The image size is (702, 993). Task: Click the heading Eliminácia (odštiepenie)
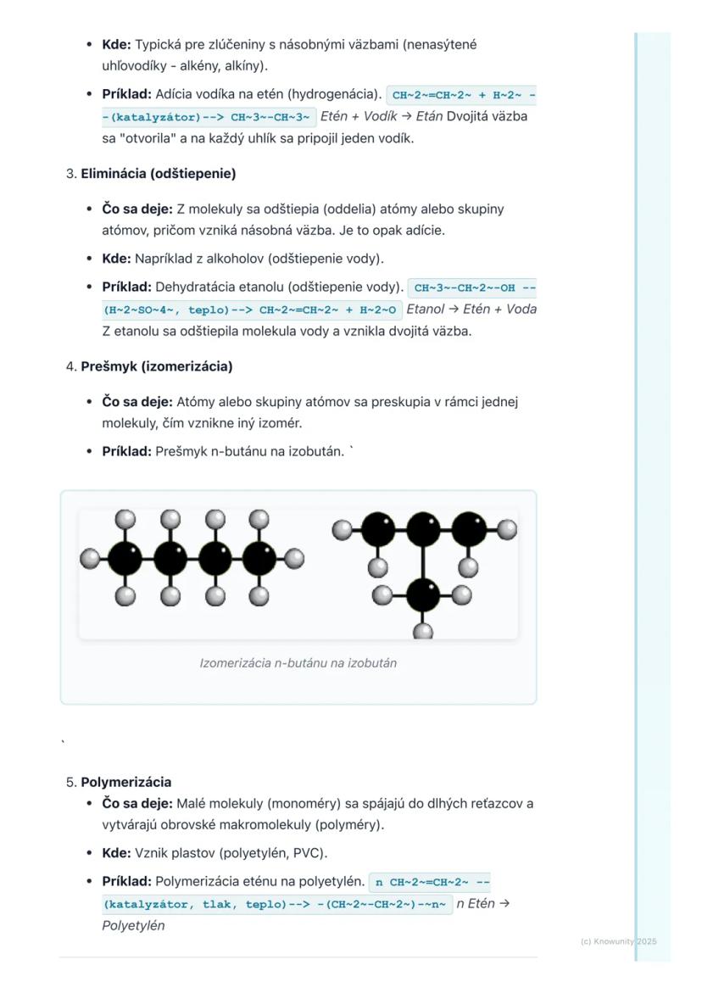[x=158, y=174]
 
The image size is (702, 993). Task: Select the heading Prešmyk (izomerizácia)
[x=156, y=366]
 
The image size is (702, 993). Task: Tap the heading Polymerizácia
[x=125, y=782]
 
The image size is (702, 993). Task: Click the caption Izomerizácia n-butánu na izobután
[x=298, y=662]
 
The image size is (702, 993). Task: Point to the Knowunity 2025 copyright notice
[x=618, y=941]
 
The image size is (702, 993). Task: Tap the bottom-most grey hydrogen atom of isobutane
[x=422, y=632]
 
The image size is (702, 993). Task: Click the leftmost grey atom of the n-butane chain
[x=89, y=559]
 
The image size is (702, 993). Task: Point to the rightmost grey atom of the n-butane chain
[x=294, y=559]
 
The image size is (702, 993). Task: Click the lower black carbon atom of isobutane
[x=422, y=593]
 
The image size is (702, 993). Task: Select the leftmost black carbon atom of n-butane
[x=125, y=559]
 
